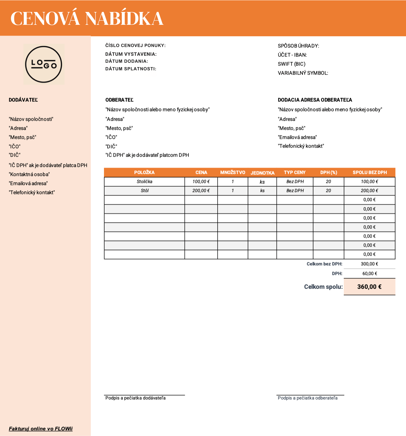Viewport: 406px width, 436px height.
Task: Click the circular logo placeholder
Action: click(x=44, y=64)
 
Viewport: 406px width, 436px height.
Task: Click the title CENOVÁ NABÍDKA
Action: click(x=87, y=18)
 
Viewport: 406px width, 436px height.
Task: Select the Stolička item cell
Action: click(x=144, y=182)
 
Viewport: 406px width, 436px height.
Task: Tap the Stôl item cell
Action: click(x=144, y=191)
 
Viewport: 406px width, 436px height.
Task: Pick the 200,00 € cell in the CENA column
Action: click(x=201, y=191)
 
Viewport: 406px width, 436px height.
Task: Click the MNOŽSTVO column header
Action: click(x=233, y=172)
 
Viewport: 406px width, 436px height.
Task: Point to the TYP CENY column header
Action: click(x=294, y=172)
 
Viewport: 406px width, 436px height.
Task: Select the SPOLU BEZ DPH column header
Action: click(x=369, y=172)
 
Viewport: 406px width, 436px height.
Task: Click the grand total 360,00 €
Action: click(x=369, y=287)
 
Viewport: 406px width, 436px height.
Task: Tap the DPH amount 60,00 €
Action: click(x=369, y=273)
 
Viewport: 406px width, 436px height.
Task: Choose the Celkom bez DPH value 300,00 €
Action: click(x=369, y=264)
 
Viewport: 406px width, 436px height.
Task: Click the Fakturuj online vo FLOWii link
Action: click(x=41, y=429)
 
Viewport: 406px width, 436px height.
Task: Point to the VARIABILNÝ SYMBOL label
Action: click(x=303, y=73)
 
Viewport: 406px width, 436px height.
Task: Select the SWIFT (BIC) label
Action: click(x=292, y=64)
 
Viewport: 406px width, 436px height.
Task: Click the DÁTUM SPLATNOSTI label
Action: click(x=131, y=69)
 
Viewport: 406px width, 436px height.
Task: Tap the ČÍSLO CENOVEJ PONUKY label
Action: click(x=135, y=46)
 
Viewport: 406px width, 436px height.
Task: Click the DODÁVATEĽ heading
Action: click(x=23, y=100)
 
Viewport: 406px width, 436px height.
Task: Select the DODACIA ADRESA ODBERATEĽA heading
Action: click(x=315, y=100)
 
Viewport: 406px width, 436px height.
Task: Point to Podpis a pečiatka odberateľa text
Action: click(x=307, y=398)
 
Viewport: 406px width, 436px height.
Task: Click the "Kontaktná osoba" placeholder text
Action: click(x=29, y=174)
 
